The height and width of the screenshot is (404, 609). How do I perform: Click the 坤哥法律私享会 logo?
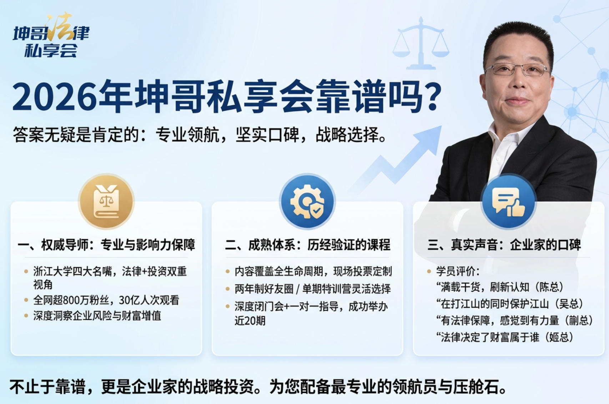[x=51, y=37]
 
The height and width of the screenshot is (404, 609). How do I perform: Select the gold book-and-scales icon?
[x=106, y=202]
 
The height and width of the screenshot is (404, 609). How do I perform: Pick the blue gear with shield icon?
[x=307, y=202]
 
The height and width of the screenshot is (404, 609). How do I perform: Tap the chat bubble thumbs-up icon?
[x=508, y=202]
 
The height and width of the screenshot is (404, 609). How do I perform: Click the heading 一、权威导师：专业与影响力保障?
[x=106, y=245]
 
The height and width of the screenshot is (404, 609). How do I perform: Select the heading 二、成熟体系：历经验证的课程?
[x=307, y=245]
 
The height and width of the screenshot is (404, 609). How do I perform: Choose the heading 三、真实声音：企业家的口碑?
[x=504, y=245]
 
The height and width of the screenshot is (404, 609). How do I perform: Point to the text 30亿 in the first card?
[x=125, y=301]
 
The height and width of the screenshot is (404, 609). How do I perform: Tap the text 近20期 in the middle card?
[x=250, y=321]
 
